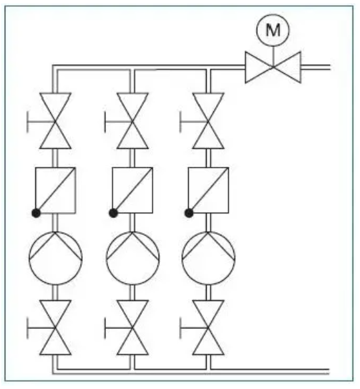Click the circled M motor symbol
[x=272, y=31]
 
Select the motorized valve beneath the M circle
[x=272, y=67]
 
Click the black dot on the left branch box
[x=36, y=213]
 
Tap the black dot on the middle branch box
[x=113, y=213]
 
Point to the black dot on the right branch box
[x=189, y=213]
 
